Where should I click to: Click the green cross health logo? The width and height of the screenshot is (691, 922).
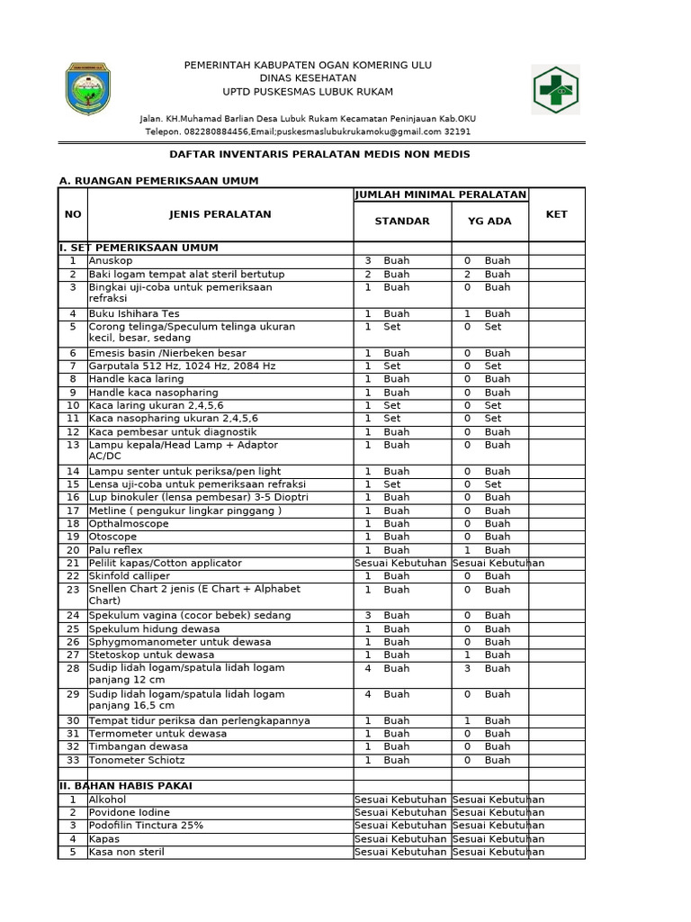coord(555,90)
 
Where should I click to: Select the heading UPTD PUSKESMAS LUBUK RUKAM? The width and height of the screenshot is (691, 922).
coord(308,92)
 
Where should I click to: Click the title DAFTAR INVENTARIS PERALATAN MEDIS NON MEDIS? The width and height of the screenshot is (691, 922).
coord(320,155)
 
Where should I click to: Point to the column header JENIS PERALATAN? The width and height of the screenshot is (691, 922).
coord(220,214)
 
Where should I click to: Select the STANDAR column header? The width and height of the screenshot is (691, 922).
coord(402,221)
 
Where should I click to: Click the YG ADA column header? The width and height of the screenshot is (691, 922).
coord(489,221)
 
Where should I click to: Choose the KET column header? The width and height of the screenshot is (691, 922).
coord(556,214)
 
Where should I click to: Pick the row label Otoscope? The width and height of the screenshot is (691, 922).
coord(112,538)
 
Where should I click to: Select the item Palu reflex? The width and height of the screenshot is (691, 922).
coord(115,550)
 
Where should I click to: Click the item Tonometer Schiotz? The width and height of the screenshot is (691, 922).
coord(131,761)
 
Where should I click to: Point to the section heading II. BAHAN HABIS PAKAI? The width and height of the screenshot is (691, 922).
coord(125,786)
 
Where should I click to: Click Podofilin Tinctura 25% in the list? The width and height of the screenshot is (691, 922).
coord(146,826)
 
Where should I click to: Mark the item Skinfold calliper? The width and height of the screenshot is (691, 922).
coord(130,576)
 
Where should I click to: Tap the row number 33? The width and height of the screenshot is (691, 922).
coord(73,761)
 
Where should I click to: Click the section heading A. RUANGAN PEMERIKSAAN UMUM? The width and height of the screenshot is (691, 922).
coord(158,181)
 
